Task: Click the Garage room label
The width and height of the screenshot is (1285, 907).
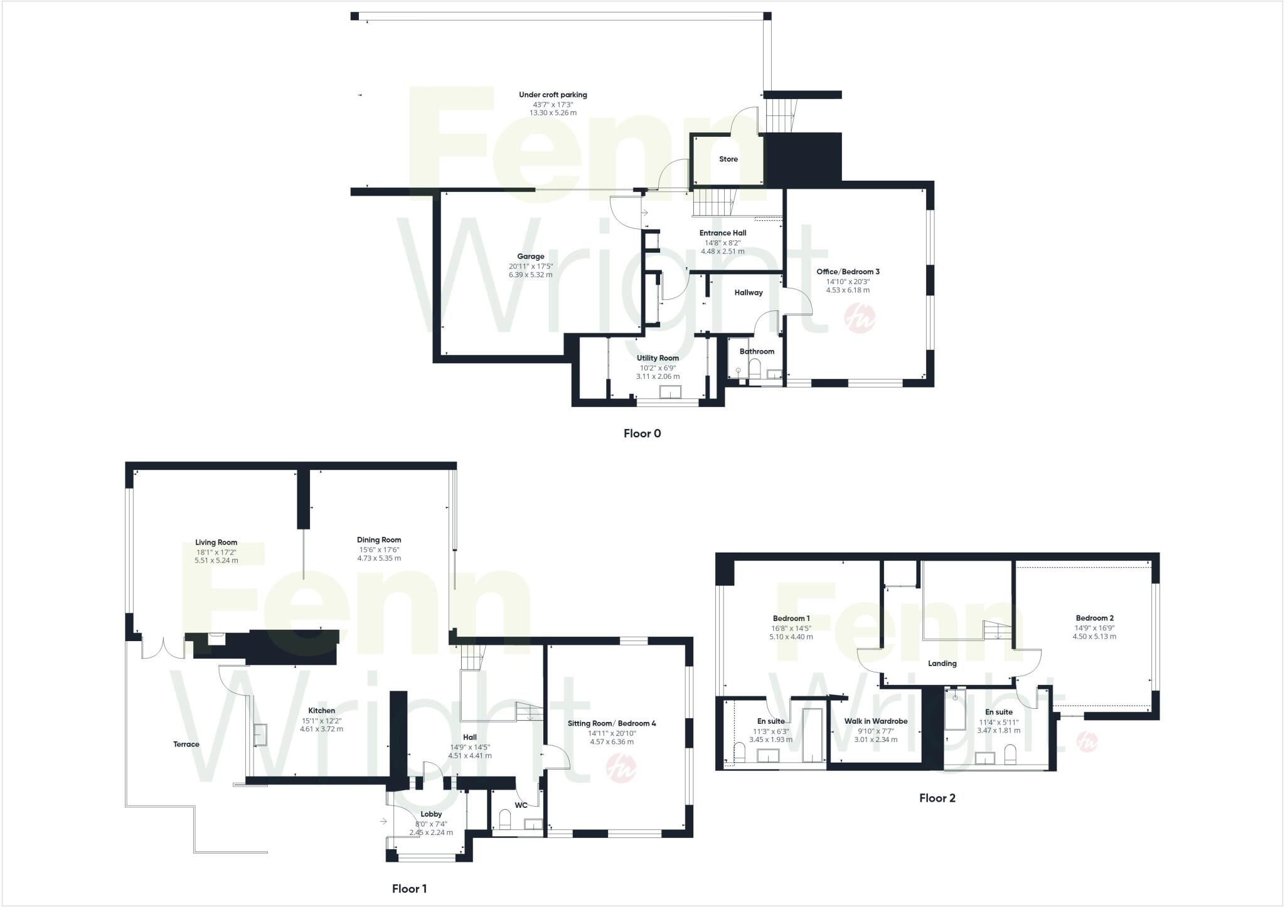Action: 530,257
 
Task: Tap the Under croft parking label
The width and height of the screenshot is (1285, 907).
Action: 553,95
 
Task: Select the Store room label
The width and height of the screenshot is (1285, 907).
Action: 728,159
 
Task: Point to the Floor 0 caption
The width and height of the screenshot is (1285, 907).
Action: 642,433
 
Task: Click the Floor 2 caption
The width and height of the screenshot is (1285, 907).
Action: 937,798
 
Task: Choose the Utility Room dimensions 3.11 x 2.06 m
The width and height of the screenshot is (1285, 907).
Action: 658,377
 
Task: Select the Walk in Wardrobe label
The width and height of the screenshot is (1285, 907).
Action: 875,721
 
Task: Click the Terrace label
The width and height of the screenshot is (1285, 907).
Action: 186,745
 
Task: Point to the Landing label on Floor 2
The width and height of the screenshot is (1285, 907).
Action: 942,664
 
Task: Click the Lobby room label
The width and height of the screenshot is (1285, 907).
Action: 431,814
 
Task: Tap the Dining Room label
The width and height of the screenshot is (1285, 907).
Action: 379,540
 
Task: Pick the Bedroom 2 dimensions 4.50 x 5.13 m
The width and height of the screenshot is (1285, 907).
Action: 1094,637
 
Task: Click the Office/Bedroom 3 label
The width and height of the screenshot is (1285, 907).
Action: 848,272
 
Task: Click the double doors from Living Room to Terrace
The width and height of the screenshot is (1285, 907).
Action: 163,647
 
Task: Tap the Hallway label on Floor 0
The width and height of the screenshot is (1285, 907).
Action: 748,293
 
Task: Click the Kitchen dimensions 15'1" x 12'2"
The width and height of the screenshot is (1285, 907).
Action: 321,721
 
